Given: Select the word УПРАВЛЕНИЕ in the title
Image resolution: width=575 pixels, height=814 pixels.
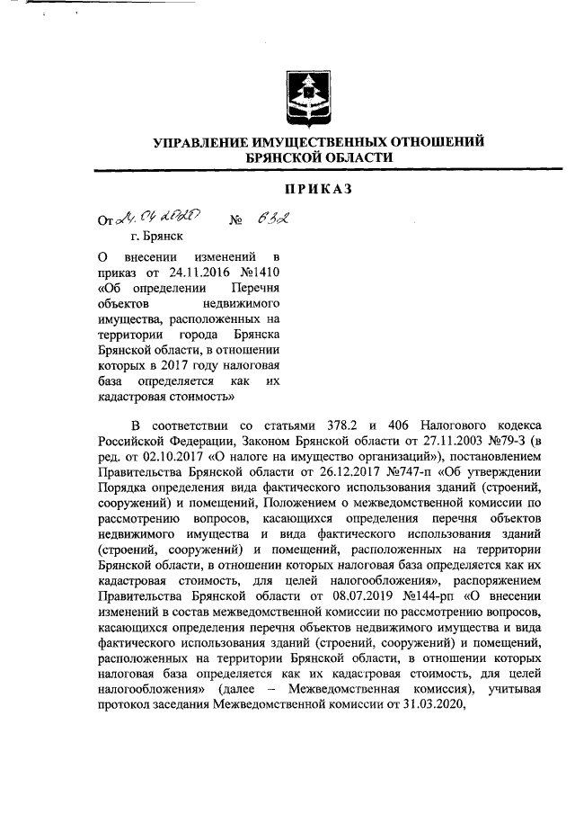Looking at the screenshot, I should click(204, 141).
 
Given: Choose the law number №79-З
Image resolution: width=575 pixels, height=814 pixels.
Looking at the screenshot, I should click(491, 442).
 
